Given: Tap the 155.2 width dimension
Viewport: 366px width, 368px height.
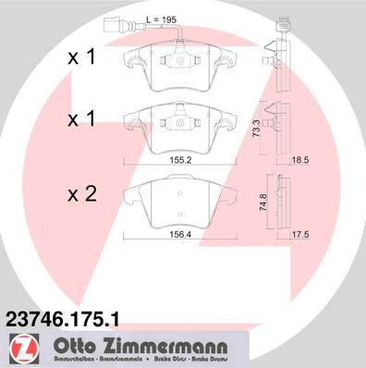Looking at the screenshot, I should tap(181, 158).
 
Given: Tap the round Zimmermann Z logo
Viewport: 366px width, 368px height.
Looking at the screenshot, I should tap(20, 348).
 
